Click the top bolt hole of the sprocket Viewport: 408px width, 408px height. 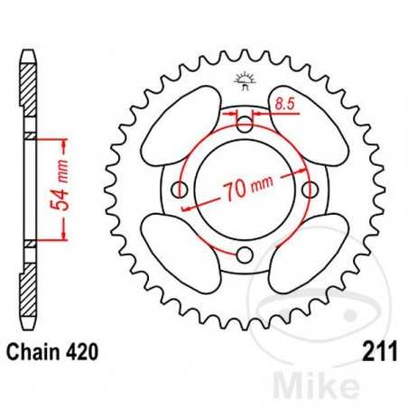(246, 123)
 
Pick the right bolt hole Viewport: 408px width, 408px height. (312, 190)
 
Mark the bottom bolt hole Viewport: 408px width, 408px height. (246, 256)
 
